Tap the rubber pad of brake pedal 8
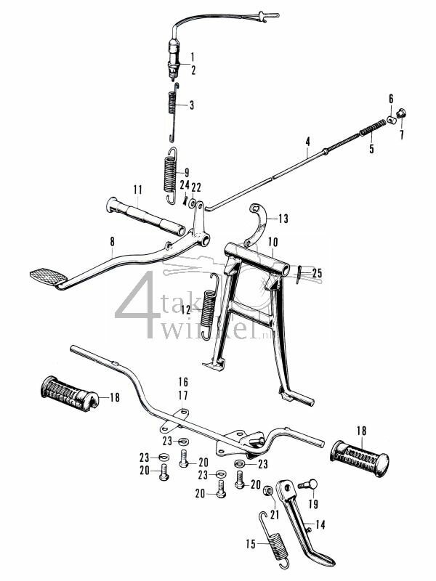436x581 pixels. coord(47,277)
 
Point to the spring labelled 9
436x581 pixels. coord(170,173)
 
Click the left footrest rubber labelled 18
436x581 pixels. coord(69,395)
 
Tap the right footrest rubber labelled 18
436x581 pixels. coord(361,457)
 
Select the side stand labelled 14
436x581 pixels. coord(305,529)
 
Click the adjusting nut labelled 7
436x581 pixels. coord(401,113)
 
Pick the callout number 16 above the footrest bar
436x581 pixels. coord(182,381)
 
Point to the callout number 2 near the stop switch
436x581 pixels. coord(193,70)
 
